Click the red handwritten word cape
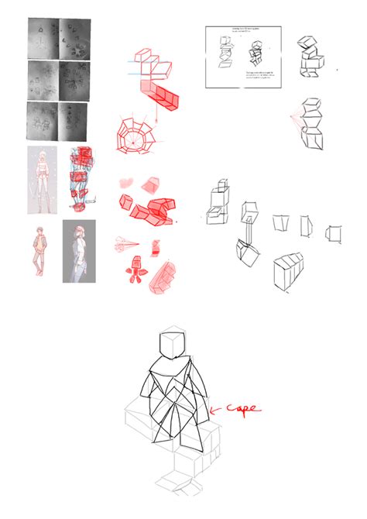click(242, 408)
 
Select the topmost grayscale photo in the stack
click(60, 39)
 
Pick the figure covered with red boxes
click(80, 178)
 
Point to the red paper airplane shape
click(126, 243)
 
